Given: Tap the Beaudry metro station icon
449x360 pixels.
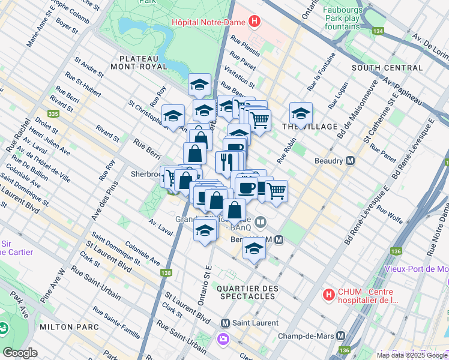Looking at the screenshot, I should [x=350, y=161].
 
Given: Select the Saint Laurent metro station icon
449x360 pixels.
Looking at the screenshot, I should [x=226, y=323].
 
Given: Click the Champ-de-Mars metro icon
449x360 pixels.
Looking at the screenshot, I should [x=340, y=335].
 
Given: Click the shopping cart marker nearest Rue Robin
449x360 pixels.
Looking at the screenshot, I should [x=276, y=191].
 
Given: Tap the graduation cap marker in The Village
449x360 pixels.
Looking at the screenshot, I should [x=301, y=112].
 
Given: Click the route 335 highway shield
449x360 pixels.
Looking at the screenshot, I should [x=54, y=113].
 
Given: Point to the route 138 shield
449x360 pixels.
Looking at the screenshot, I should [x=166, y=273].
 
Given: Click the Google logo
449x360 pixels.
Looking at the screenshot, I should [x=20, y=353].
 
